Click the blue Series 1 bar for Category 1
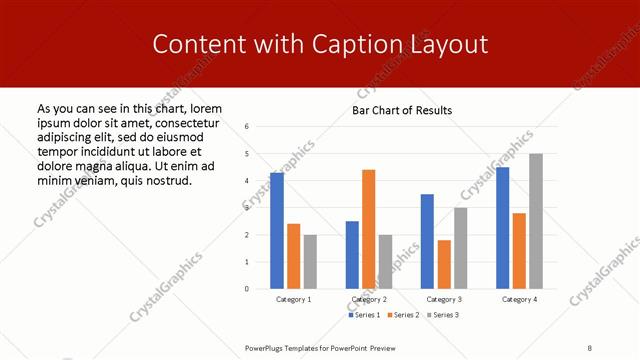[277, 231]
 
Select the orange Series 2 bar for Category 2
[369, 229]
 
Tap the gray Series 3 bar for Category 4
[536, 221]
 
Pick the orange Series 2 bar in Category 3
[444, 264]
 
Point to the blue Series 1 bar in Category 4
[502, 228]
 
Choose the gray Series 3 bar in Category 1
[310, 262]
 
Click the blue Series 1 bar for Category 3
[427, 241]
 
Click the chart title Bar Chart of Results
[401, 110]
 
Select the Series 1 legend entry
[364, 315]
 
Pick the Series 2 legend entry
[403, 315]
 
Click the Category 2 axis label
[369, 299]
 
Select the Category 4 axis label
[519, 299]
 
